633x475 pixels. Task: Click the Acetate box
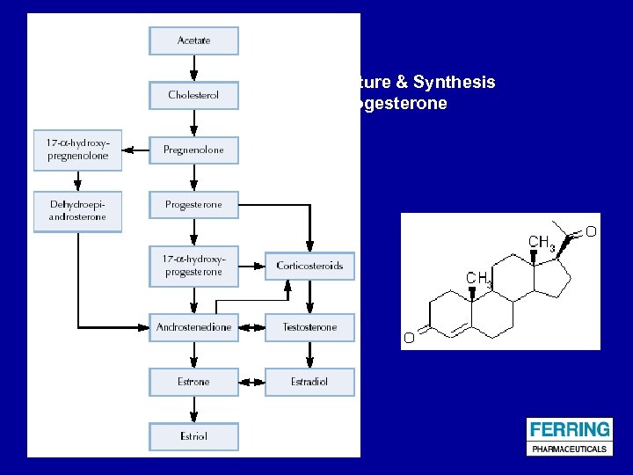click(x=193, y=40)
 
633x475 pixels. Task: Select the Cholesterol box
click(x=193, y=95)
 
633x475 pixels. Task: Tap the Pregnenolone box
click(x=193, y=150)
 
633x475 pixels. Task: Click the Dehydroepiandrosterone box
click(x=77, y=211)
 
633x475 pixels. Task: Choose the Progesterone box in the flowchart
click(x=193, y=205)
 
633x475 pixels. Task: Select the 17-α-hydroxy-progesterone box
click(x=193, y=266)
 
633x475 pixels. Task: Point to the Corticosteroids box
click(x=309, y=266)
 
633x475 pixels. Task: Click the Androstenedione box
click(x=193, y=327)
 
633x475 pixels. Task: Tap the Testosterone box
click(x=309, y=327)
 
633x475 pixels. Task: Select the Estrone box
click(x=193, y=382)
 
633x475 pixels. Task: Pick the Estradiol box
click(x=309, y=382)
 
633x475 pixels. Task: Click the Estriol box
click(x=193, y=436)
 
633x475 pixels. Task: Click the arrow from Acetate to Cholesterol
click(x=193, y=68)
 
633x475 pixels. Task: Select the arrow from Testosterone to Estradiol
click(x=309, y=354)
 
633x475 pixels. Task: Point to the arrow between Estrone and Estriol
click(x=193, y=409)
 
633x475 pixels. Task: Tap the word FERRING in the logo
click(x=569, y=430)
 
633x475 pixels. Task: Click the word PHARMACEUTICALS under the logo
click(x=569, y=449)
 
